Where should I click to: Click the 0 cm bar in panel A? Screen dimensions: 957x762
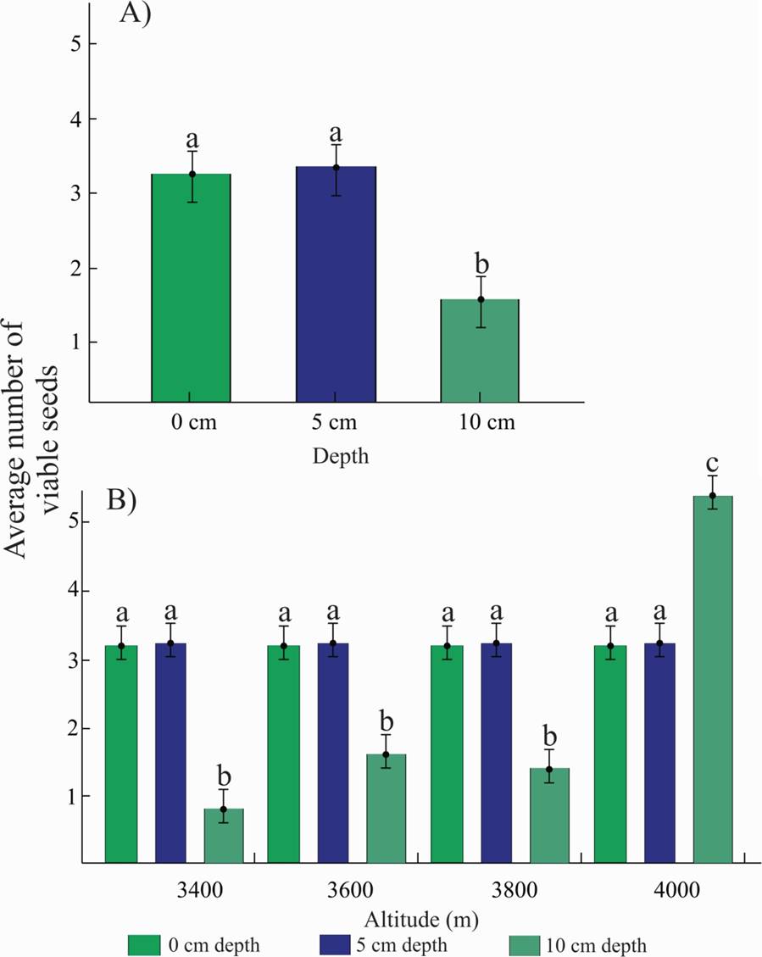click(x=191, y=288)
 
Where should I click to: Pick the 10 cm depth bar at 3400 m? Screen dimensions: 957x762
click(x=224, y=836)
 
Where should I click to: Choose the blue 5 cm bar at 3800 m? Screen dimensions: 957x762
click(x=496, y=754)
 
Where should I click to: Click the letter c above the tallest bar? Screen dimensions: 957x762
click(x=713, y=464)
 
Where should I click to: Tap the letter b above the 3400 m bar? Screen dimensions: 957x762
click(x=224, y=776)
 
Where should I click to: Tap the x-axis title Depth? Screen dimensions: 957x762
click(x=340, y=456)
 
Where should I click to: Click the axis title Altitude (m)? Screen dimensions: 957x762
click(x=414, y=917)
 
